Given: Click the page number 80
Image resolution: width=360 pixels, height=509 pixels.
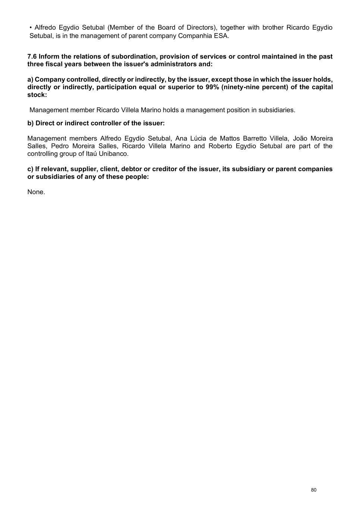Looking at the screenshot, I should tap(313, 490).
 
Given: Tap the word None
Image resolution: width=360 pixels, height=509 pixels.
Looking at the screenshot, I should tap(36, 192).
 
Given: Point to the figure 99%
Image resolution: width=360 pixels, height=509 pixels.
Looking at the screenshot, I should tap(212, 87).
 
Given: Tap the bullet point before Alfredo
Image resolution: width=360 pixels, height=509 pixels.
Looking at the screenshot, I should tap(31, 28).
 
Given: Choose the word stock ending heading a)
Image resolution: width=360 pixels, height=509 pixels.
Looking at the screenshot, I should tap(37, 95).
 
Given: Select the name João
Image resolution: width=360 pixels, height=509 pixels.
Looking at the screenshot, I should tap(300, 138).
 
